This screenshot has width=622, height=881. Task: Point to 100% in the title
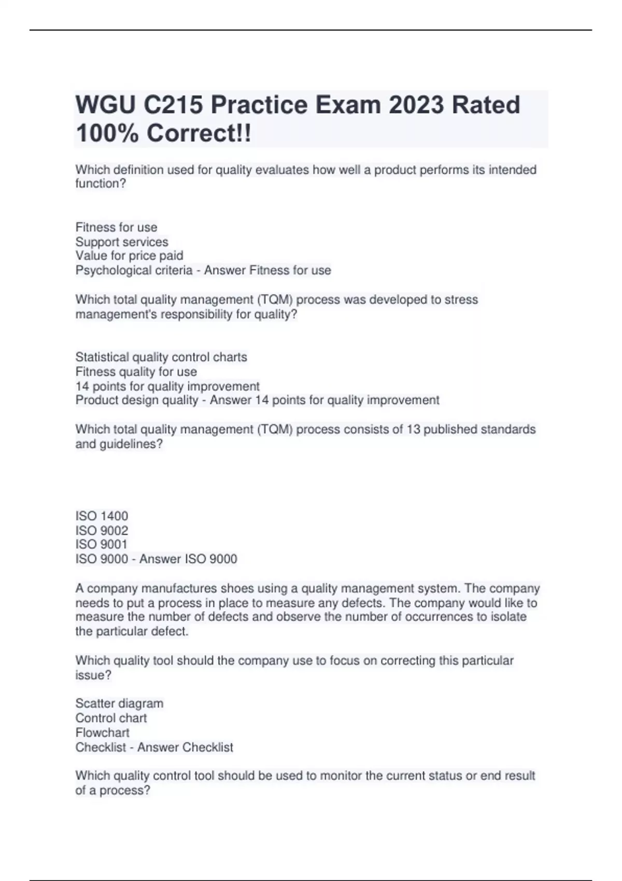(107, 134)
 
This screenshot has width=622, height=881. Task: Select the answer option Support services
(122, 242)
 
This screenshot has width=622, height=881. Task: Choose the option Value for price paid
(129, 256)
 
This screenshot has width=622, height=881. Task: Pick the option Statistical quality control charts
(161, 357)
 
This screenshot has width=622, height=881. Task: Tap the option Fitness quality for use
(136, 372)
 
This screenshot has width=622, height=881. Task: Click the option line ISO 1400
(102, 516)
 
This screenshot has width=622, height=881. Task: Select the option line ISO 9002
(102, 531)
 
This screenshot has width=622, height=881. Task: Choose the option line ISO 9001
(101, 544)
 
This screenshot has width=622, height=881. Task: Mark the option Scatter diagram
(119, 704)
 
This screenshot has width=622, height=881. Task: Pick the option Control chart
(111, 718)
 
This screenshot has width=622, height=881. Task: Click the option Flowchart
(102, 733)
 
